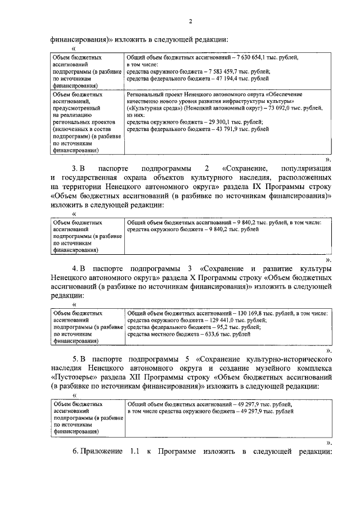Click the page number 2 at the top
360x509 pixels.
pos(190,21)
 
